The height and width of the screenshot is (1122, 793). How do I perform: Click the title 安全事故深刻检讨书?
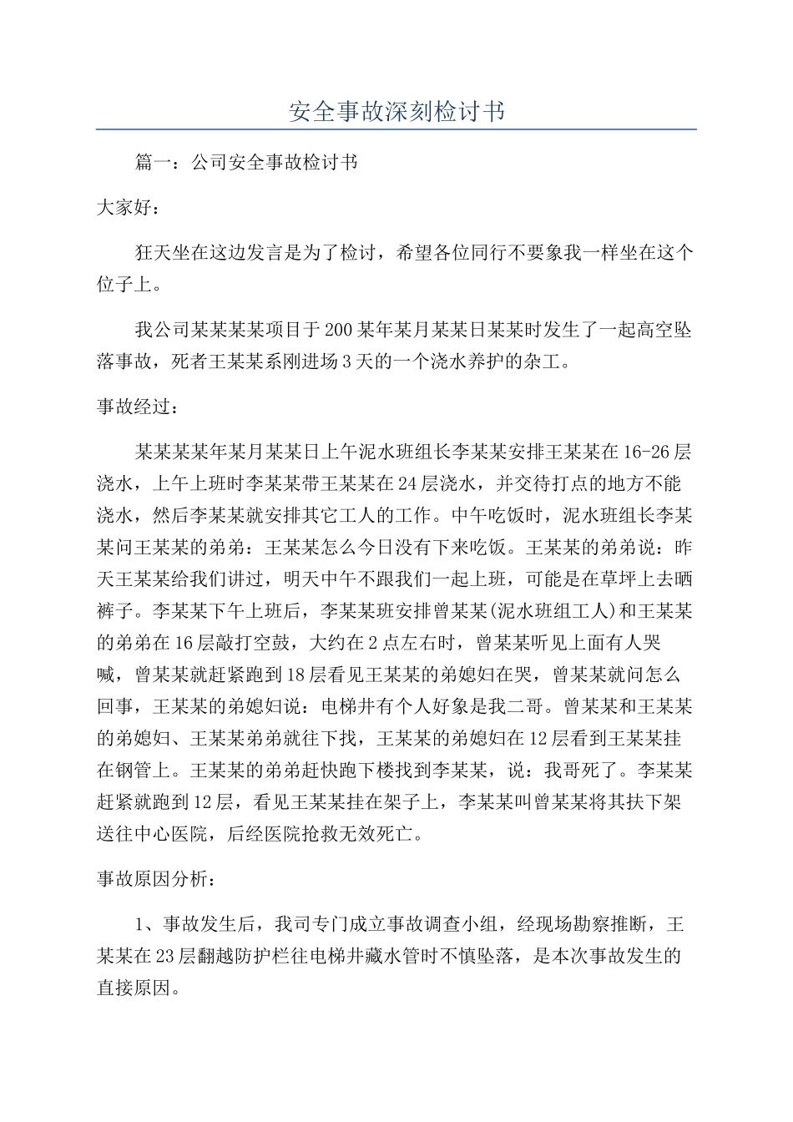click(x=396, y=111)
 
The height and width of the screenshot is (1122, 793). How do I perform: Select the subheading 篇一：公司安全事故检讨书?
click(x=246, y=163)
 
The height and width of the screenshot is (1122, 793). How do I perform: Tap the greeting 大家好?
click(x=125, y=208)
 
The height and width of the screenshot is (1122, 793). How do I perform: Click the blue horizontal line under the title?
click(x=396, y=129)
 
